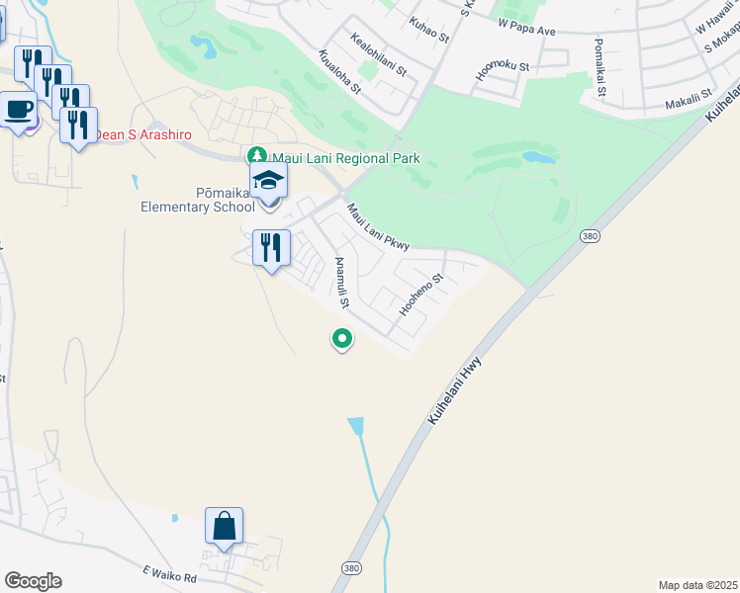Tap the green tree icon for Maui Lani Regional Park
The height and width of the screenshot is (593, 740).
click(257, 157)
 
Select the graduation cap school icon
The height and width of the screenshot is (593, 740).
click(268, 182)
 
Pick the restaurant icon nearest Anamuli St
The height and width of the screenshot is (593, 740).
click(270, 247)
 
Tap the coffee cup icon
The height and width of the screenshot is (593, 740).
click(17, 109)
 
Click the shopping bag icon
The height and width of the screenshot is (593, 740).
click(225, 526)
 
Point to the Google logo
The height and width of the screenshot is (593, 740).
click(33, 581)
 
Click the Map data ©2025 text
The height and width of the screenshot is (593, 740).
click(697, 585)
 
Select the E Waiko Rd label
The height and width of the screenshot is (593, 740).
click(170, 573)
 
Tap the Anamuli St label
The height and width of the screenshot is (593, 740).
click(340, 281)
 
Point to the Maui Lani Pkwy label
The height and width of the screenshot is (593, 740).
click(378, 227)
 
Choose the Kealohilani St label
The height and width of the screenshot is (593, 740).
click(379, 53)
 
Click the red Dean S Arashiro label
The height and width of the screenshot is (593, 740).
click(142, 134)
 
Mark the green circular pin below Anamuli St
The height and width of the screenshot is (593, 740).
click(342, 339)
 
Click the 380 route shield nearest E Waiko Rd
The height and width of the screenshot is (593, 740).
click(351, 568)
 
